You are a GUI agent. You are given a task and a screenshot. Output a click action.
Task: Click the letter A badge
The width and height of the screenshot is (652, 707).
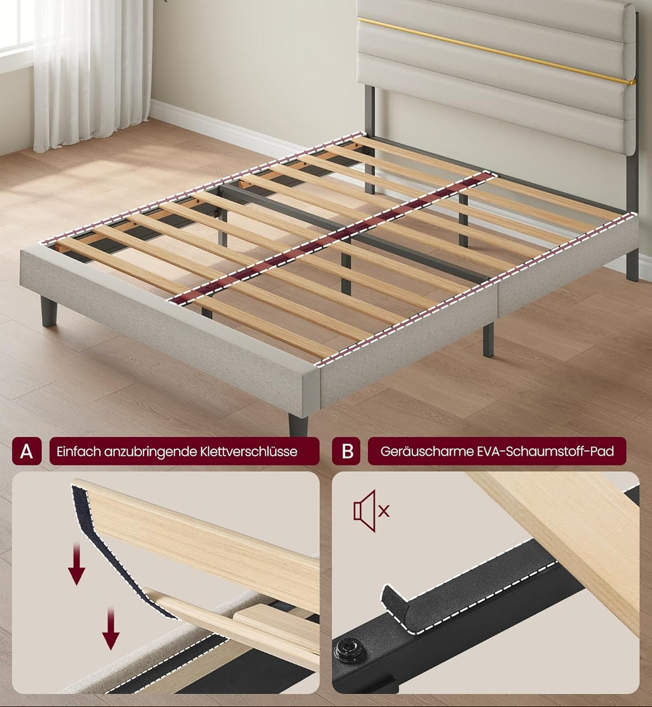click(x=27, y=451)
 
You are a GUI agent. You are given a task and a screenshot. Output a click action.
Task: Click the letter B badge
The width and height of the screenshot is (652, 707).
click(x=347, y=451)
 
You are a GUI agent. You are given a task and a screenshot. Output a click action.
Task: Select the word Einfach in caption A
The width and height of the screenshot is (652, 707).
click(x=78, y=452)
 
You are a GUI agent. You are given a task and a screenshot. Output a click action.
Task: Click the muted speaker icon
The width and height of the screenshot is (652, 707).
click(x=371, y=511)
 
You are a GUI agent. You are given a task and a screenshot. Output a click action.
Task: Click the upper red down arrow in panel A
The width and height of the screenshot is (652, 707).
click(x=77, y=564)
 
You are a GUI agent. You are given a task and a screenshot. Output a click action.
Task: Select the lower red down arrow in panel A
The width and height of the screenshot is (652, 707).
click(x=111, y=629)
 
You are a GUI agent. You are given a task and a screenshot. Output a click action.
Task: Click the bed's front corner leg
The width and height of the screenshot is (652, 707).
click(x=298, y=426)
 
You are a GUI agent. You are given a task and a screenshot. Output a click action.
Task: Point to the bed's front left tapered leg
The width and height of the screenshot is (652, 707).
click(x=49, y=311)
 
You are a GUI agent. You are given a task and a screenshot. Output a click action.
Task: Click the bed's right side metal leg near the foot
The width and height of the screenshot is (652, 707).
click(x=488, y=339)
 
